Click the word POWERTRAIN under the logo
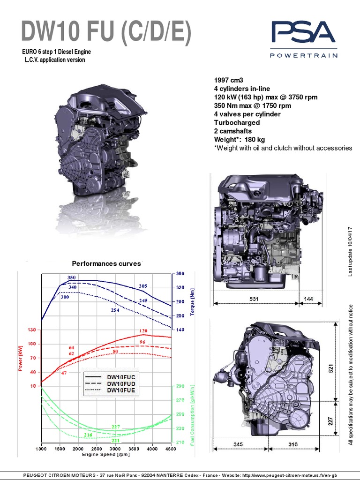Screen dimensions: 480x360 pyautogui.click(x=303, y=56)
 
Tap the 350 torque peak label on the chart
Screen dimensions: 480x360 pyautogui.click(x=71, y=278)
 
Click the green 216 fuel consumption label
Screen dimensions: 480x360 pyautogui.click(x=88, y=435)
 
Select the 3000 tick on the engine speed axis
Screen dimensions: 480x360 pyautogui.click(x=115, y=449)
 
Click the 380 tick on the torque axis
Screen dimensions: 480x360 pyautogui.click(x=180, y=273)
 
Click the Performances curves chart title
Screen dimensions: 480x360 pyautogui.click(x=106, y=263)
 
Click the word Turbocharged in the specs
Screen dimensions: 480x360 pyautogui.click(x=237, y=122)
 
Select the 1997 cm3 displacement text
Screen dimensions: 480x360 pyautogui.click(x=229, y=80)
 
